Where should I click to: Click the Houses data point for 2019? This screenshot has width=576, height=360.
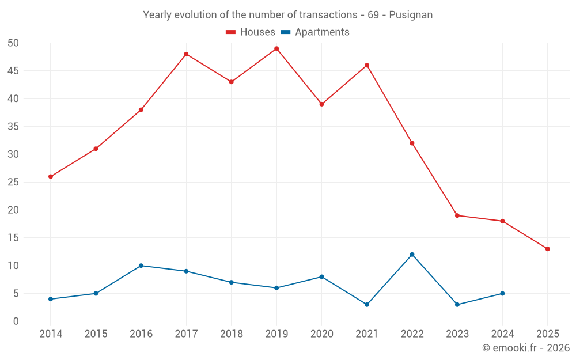[276, 48]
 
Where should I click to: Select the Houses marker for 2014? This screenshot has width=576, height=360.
[51, 176]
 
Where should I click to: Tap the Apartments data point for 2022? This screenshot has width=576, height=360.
[412, 255]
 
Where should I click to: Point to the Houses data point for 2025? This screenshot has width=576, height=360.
[547, 249]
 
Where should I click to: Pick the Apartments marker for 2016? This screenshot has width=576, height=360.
[141, 266]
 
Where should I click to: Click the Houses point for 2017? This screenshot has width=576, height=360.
[186, 54]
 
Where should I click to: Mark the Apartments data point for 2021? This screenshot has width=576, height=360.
[367, 305]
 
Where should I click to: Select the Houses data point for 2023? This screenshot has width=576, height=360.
[457, 215]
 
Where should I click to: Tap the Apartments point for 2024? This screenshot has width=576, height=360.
[502, 293]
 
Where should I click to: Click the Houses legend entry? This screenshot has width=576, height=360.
[251, 32]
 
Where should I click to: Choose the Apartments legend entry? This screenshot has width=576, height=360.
[315, 32]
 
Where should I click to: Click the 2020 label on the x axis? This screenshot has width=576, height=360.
[321, 334]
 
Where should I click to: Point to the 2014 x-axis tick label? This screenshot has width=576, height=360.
[51, 334]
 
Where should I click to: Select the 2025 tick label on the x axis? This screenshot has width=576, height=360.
[547, 334]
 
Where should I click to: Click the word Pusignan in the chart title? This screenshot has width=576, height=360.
[411, 15]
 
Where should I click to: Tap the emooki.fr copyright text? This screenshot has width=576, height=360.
[526, 348]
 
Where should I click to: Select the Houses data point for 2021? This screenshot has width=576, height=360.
[367, 65]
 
